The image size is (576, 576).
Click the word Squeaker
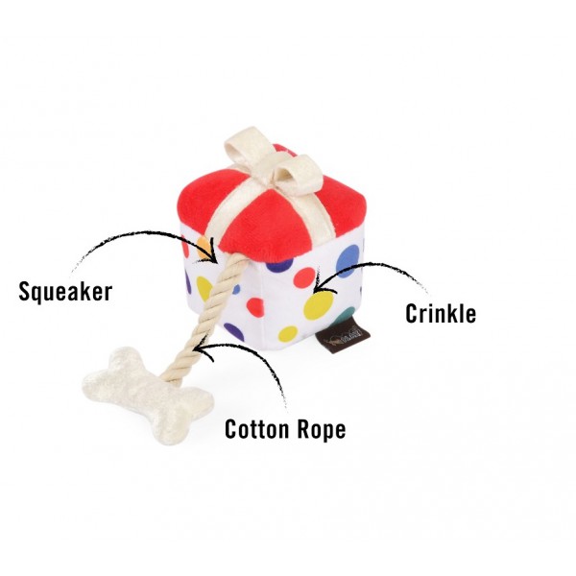(x=65, y=293)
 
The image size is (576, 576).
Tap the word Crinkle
(x=441, y=314)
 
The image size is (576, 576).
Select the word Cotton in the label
(x=257, y=429)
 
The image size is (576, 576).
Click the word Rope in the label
(x=322, y=429)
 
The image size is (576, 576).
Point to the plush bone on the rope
(x=148, y=395)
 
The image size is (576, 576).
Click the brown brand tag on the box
(x=343, y=339)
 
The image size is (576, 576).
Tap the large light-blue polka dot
(x=348, y=261)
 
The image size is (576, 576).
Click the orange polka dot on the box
(x=204, y=248)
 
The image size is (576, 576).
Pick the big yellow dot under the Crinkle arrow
(x=318, y=304)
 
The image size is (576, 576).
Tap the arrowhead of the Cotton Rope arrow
(x=202, y=349)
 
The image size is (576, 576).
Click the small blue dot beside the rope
(x=236, y=289)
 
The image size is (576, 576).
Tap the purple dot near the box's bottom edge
(x=233, y=331)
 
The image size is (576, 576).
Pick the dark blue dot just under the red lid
(x=280, y=265)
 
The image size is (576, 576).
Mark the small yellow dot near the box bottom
(x=288, y=333)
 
